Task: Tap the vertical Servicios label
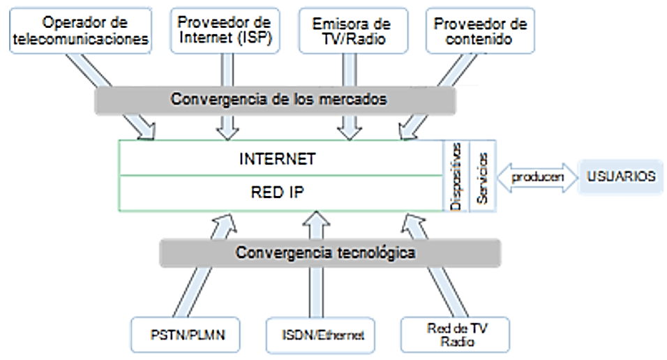click(x=482, y=176)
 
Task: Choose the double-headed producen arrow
click(x=537, y=177)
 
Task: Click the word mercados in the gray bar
click(x=356, y=99)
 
